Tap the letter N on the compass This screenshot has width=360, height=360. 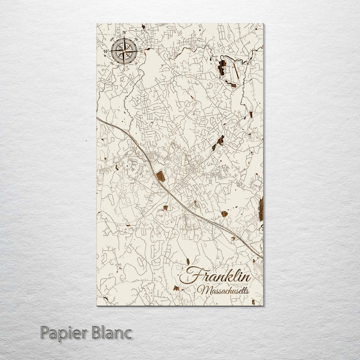coord(124,33)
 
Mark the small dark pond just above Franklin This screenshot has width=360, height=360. coord(186,261)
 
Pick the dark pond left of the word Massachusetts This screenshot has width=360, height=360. coord(174,288)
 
